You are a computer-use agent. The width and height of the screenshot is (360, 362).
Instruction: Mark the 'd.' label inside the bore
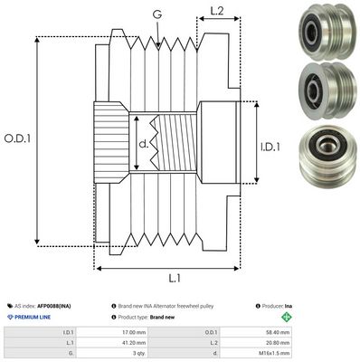pos(144,141)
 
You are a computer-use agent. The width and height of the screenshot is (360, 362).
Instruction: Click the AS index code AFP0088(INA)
pos(54,307)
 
